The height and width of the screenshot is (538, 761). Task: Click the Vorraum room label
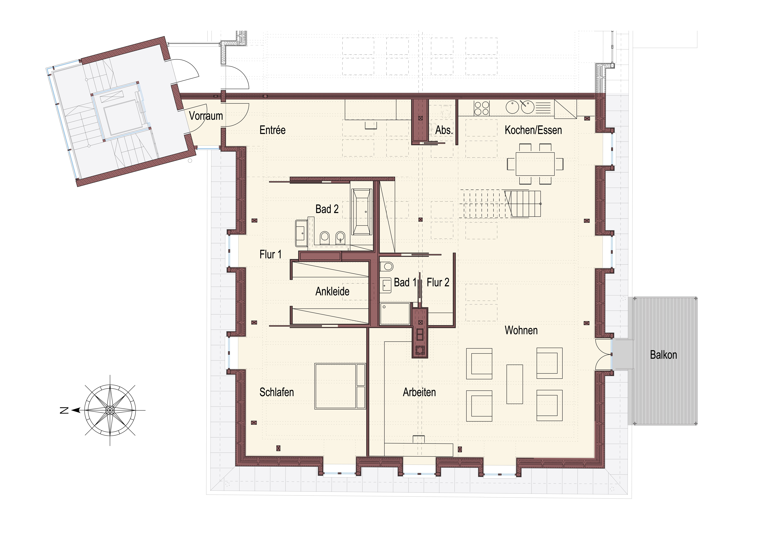click(206, 116)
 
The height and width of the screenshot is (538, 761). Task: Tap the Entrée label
click(272, 130)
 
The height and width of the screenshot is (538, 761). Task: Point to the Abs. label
click(444, 130)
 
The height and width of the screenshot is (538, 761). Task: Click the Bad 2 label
click(327, 209)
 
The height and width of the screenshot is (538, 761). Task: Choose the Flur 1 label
click(270, 255)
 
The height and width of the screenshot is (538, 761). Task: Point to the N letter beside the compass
click(64, 410)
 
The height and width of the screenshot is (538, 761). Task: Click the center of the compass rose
click(110, 410)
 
